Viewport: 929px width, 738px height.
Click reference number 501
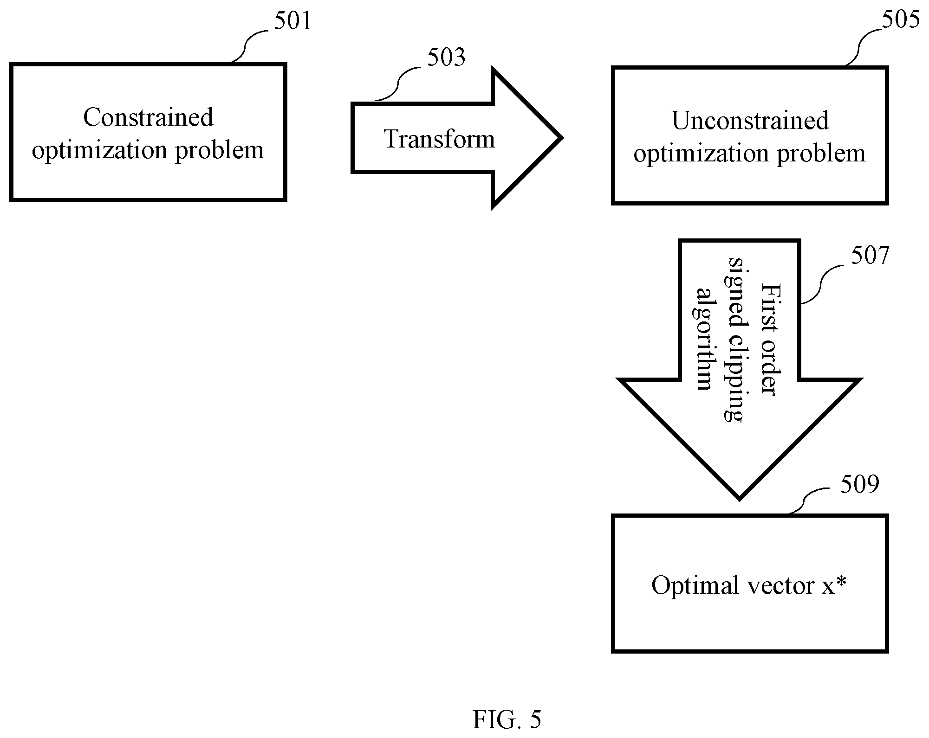coord(292,21)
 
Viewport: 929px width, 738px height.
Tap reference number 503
coord(446,57)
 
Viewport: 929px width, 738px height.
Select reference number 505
coord(901,20)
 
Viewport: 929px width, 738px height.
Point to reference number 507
coord(870,256)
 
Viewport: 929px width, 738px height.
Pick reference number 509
coord(860,484)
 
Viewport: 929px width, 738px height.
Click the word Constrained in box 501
coord(148,117)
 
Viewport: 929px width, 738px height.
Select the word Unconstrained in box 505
coord(750,121)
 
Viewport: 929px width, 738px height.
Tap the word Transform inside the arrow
coord(439,139)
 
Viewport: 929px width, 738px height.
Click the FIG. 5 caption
coord(507,719)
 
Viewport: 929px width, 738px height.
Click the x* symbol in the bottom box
coord(834,585)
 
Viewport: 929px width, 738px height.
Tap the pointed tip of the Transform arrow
coord(562,138)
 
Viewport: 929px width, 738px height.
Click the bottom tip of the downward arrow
coord(739,500)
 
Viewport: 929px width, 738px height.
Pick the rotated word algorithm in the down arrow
coord(704,339)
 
